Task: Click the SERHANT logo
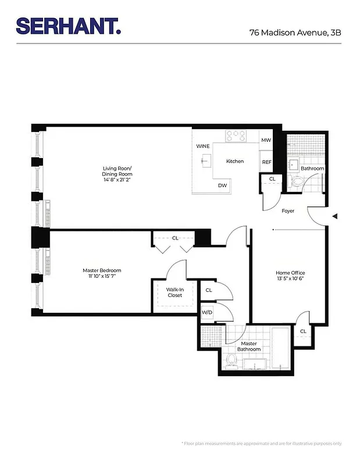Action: pos(69,26)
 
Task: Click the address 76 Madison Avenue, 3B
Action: pos(295,33)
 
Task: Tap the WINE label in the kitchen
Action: pos(202,146)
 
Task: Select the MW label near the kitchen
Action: pos(266,141)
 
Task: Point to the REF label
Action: pos(266,162)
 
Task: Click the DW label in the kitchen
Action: pos(222,185)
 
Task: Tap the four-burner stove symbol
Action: pos(235,135)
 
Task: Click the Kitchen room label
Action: pos(234,161)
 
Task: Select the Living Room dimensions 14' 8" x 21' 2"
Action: pos(118,180)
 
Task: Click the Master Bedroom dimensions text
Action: pos(102,277)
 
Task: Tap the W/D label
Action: pos(207,312)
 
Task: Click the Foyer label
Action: pos(288,211)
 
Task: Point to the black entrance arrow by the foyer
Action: pos(334,216)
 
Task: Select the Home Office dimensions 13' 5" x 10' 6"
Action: pos(290,279)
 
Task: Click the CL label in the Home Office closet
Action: pos(303,331)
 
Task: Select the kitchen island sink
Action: pos(205,162)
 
